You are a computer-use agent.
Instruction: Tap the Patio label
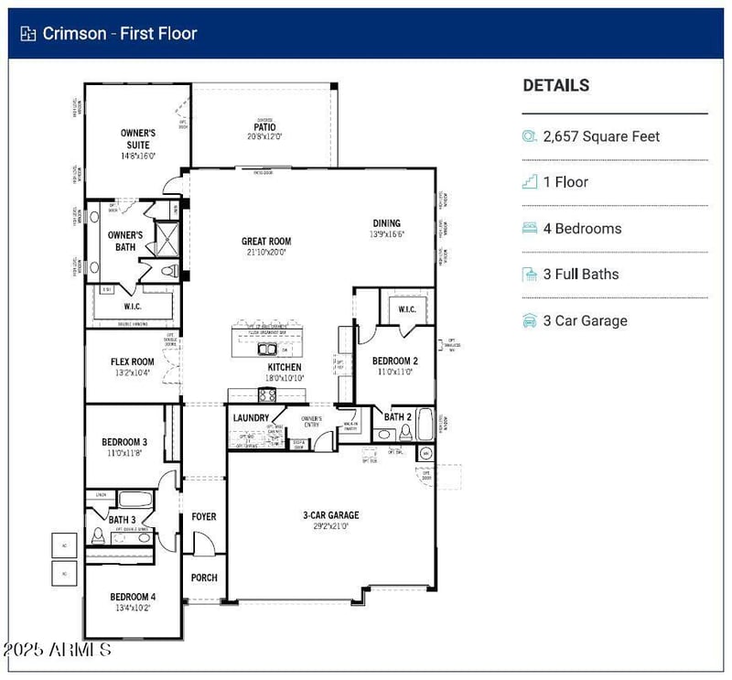coord(264,127)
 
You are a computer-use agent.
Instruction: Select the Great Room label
coord(266,242)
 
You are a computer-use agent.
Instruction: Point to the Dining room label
coord(387,223)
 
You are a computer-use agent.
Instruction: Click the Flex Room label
coord(133,362)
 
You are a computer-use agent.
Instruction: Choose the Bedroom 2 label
coord(395,361)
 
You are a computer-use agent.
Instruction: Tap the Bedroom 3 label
coord(124,443)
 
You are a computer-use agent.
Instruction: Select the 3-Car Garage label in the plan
coord(330,515)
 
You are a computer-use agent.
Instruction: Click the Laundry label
coord(251,418)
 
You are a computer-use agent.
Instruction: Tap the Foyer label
coord(203,517)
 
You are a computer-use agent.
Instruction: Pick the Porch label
coord(203,578)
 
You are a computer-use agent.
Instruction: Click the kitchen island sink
coord(266,349)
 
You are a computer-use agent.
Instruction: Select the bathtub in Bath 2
coord(425,424)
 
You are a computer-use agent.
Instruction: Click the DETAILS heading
coord(555,85)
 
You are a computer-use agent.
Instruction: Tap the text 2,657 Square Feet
coord(601,136)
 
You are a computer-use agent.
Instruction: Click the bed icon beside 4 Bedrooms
coord(529,229)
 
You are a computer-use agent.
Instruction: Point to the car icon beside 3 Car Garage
coord(529,320)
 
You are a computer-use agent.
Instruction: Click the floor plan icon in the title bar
coord(27,34)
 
